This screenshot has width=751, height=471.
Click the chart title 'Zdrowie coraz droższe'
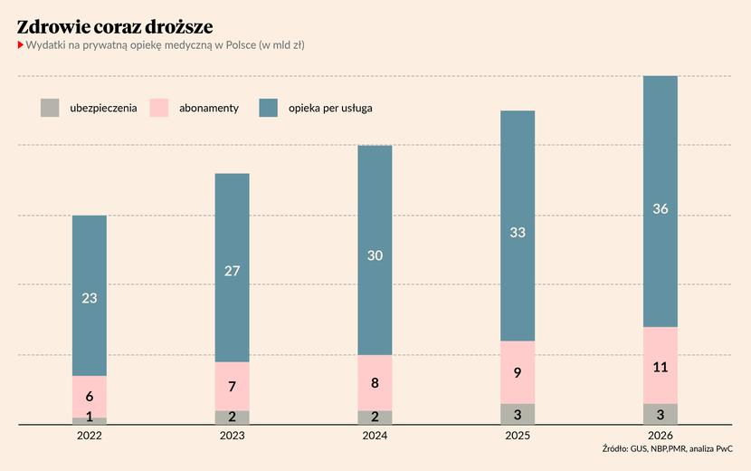tap(115, 26)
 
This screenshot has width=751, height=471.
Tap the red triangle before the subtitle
tap(20, 45)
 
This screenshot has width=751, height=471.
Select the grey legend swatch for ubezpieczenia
tap(50, 108)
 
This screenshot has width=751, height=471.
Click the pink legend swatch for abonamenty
tap(159, 108)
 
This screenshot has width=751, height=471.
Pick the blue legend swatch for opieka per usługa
tap(269, 108)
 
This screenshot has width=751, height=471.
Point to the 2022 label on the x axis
tap(90, 436)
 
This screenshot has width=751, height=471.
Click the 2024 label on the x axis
tap(375, 436)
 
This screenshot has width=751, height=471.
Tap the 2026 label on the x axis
tap(660, 436)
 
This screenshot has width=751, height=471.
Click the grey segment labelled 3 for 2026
tap(661, 414)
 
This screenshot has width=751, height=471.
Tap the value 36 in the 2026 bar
tap(661, 209)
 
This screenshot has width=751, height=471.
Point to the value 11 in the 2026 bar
tap(661, 368)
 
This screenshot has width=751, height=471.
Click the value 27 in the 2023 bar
tap(232, 270)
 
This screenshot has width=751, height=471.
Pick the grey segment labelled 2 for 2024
tap(375, 418)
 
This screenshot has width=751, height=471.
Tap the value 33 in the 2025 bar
tap(518, 233)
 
